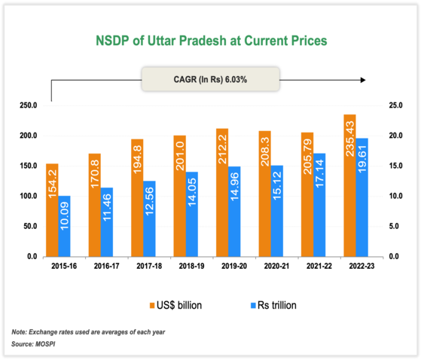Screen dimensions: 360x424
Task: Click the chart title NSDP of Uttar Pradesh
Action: point(210,41)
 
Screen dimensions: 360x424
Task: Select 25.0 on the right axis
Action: point(396,105)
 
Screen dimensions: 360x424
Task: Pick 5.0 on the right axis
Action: point(396,226)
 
